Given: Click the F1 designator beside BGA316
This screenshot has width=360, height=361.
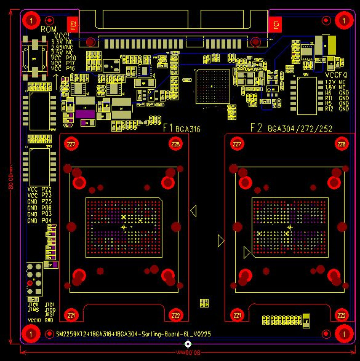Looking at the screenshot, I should (x=167, y=129).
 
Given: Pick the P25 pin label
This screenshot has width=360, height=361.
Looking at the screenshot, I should (x=47, y=202).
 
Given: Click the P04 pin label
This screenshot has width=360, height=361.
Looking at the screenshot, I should (x=47, y=220).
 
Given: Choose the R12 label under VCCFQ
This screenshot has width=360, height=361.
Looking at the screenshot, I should (x=329, y=109).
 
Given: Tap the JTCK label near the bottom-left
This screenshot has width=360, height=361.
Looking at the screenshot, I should (x=33, y=304).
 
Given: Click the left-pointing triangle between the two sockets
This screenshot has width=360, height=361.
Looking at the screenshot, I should (x=193, y=212).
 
